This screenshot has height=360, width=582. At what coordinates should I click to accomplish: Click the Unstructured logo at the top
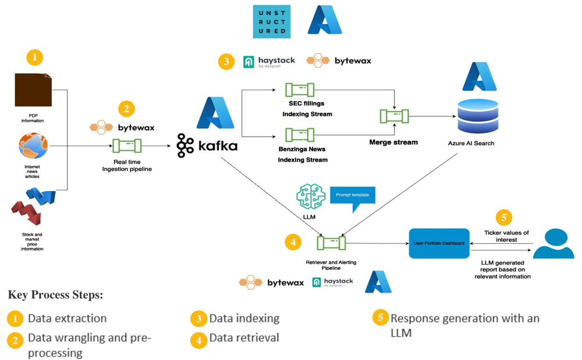coord(271,22)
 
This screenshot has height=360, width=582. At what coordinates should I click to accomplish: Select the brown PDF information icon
coord(33,91)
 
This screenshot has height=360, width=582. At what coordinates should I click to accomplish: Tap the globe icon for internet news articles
coord(33,147)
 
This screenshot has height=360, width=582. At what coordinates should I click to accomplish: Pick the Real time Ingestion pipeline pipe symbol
coord(127,145)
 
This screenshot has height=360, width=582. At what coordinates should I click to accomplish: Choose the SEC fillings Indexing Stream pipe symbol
coord(299,90)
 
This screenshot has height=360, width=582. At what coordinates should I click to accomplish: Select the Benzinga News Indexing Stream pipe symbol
coord(299,136)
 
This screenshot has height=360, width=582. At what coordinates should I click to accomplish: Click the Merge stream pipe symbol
coord(393,116)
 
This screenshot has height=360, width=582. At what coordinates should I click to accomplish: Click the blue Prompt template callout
coord(352,195)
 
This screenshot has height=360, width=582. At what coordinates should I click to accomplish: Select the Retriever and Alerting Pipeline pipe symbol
coord(331,242)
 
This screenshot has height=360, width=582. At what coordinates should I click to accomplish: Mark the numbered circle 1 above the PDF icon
coord(35,58)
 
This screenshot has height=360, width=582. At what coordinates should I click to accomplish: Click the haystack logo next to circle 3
coord(269,61)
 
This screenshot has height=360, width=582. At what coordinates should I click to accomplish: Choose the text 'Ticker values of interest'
coord(506,236)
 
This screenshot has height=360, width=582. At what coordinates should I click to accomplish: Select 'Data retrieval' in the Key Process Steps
coord(244,338)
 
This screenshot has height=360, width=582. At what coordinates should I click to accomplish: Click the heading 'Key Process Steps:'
coord(56,294)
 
